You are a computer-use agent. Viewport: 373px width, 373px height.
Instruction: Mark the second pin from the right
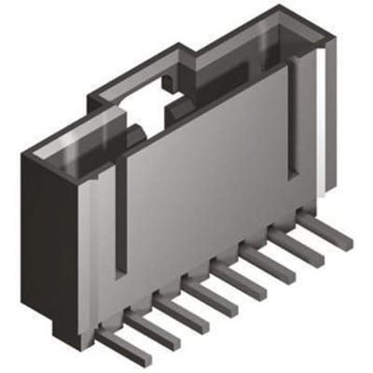pyautogui.click(x=299, y=245)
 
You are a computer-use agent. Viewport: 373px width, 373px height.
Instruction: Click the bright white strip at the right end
pyautogui.click(x=320, y=121)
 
